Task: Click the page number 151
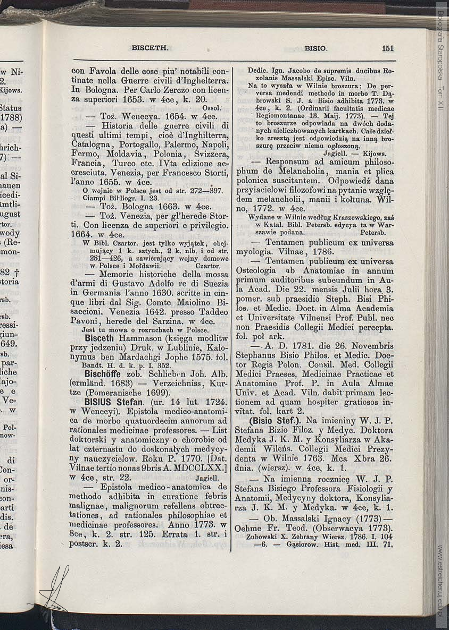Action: [x=387, y=48]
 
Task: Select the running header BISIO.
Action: [x=316, y=48]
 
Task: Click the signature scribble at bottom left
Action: [x=55, y=589]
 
